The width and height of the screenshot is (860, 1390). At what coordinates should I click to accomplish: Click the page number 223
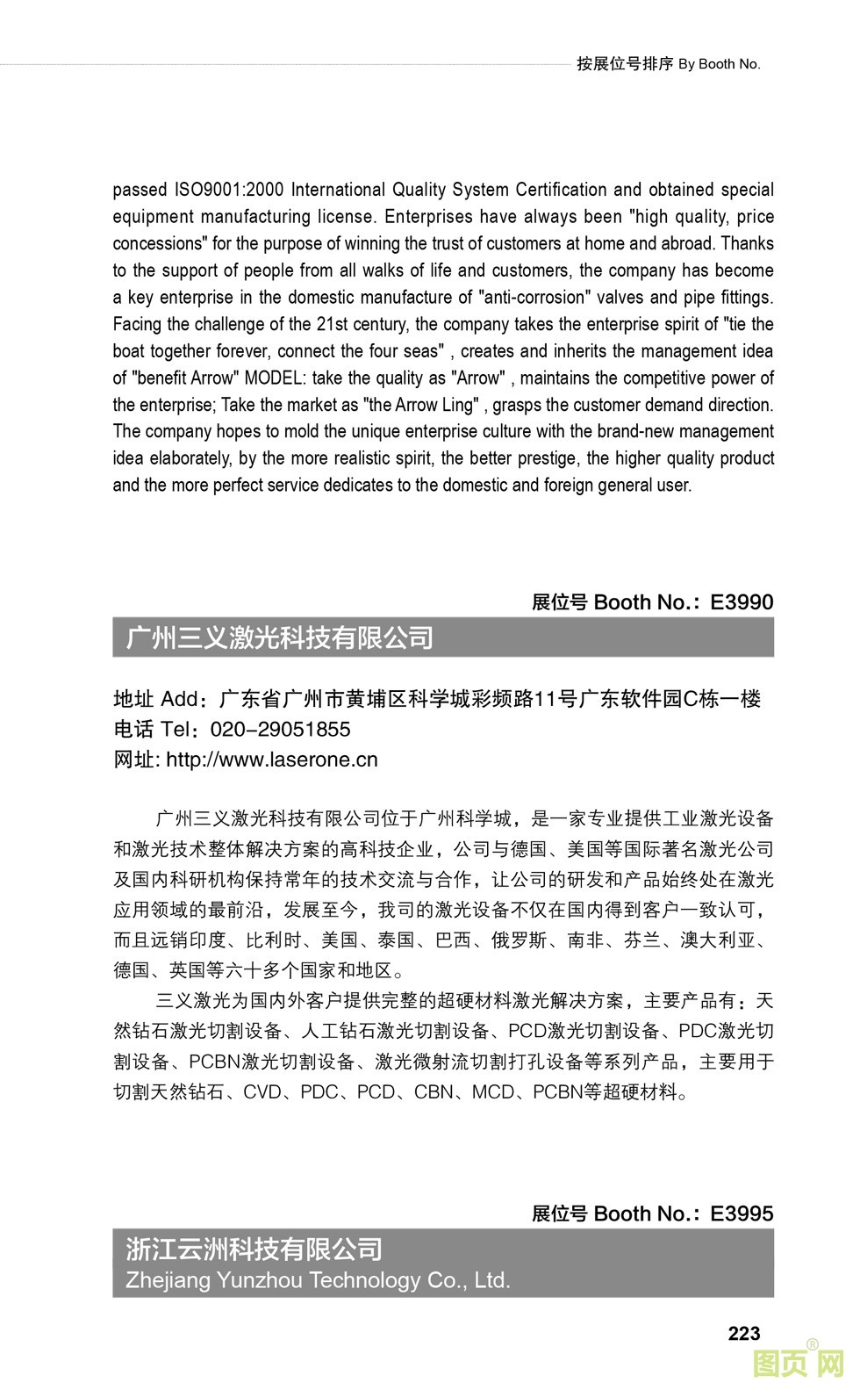(x=743, y=1333)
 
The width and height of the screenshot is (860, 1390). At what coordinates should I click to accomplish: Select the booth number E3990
(x=742, y=602)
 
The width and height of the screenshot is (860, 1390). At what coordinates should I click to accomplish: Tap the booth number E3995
(x=742, y=1214)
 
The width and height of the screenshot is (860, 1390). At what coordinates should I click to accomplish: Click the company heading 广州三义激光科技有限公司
(x=280, y=637)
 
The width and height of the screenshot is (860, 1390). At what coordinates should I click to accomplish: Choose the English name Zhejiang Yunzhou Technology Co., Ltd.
(x=318, y=1280)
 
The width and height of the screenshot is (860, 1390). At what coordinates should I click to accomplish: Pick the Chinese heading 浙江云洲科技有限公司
(x=254, y=1249)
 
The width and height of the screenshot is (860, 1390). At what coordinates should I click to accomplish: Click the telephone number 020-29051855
(x=281, y=730)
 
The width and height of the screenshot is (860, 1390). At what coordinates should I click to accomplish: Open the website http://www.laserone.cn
(x=272, y=760)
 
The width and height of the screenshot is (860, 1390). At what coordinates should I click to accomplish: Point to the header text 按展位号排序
(x=625, y=64)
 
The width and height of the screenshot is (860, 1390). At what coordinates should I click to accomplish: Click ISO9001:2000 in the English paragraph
(x=230, y=190)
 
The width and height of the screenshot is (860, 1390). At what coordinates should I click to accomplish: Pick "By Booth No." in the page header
(x=719, y=64)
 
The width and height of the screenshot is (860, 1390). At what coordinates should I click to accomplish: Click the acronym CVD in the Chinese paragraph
(x=262, y=1092)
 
